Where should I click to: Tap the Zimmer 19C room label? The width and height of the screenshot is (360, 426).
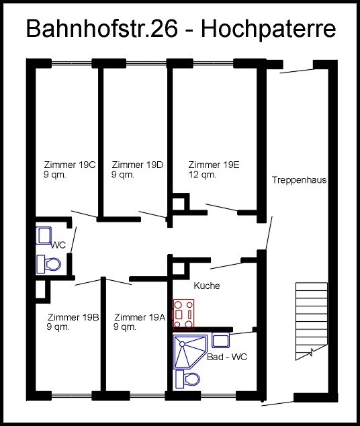(x=70, y=165)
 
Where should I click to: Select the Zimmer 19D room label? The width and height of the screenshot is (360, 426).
(x=138, y=165)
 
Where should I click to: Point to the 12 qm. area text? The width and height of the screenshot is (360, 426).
(x=202, y=175)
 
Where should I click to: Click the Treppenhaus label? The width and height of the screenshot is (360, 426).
(x=299, y=180)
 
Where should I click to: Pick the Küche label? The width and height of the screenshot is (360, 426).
(x=207, y=286)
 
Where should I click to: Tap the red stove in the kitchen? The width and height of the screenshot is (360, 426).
(x=183, y=314)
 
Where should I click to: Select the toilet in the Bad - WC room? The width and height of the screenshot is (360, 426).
(x=187, y=379)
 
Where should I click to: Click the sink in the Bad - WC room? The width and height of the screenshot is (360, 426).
(x=220, y=340)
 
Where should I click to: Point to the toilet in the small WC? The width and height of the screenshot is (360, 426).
(x=48, y=264)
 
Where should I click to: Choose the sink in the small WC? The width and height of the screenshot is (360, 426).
(x=44, y=236)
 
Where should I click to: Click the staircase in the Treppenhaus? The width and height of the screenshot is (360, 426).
(x=312, y=321)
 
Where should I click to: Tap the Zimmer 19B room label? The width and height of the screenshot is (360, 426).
(x=73, y=317)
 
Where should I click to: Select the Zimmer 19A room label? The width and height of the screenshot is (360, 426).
(x=140, y=317)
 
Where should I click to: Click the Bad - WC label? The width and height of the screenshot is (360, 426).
(x=227, y=357)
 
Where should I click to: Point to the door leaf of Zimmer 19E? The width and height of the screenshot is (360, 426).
(x=222, y=207)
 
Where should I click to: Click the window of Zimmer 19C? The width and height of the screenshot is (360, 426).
(x=71, y=64)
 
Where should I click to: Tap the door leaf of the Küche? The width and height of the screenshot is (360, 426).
(x=226, y=265)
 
